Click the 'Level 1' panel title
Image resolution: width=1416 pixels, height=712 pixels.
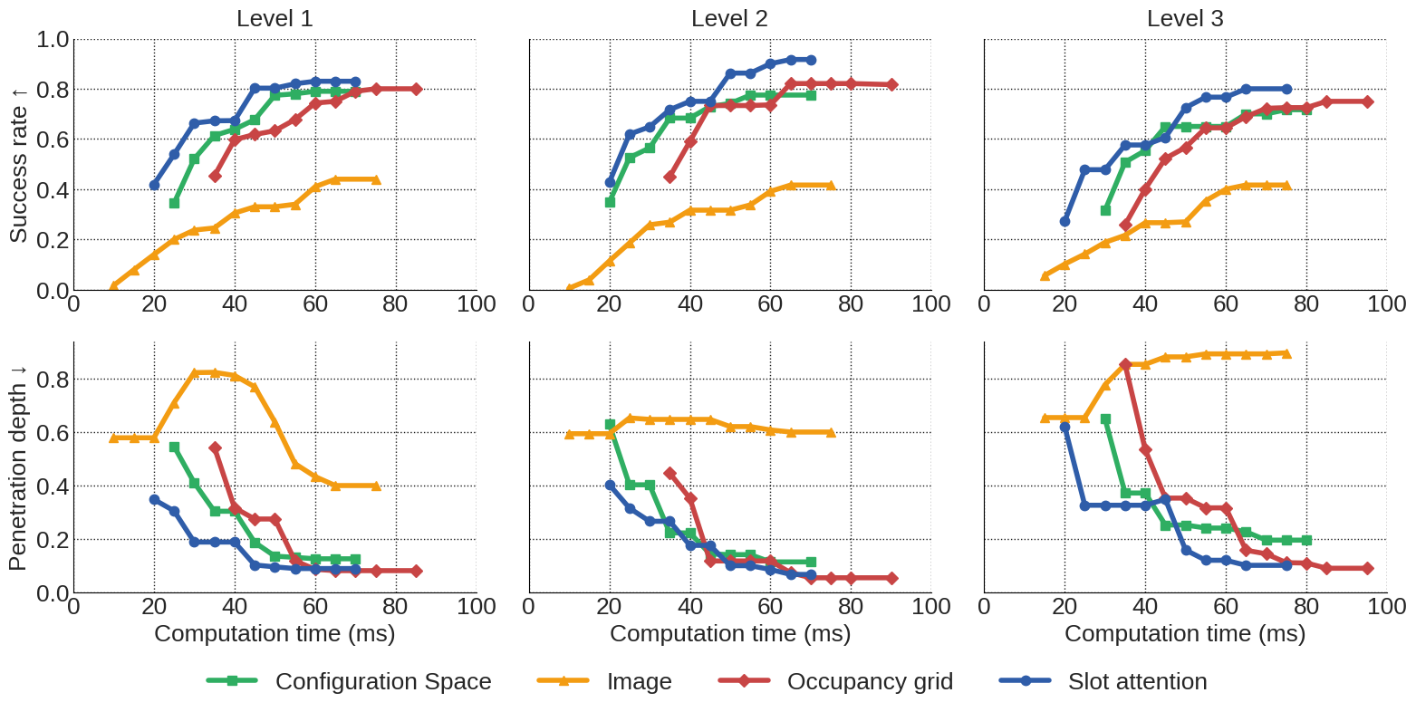275,18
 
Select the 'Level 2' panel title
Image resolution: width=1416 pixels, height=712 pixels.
729,18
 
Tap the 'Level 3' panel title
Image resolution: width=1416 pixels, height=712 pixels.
1185,18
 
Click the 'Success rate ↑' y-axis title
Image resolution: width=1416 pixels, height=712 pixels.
18,164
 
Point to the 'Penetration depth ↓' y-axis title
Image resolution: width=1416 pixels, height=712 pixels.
18,467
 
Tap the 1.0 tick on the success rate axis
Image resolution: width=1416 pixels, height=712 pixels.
53,40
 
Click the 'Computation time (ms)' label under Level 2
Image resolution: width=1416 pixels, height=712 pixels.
730,633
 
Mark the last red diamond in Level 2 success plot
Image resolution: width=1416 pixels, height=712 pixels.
892,84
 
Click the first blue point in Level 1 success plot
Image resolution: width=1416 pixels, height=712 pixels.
154,185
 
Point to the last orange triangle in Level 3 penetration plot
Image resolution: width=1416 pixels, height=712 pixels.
1286,353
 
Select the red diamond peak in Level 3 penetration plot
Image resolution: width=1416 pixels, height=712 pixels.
1125,364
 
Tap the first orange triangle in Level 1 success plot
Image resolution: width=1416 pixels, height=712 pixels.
114,285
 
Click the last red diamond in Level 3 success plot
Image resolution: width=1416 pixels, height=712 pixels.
1368,101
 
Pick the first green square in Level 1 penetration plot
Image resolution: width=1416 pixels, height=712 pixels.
174,447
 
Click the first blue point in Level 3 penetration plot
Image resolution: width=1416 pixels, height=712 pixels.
1064,427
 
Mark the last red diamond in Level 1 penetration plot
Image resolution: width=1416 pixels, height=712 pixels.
416,571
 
